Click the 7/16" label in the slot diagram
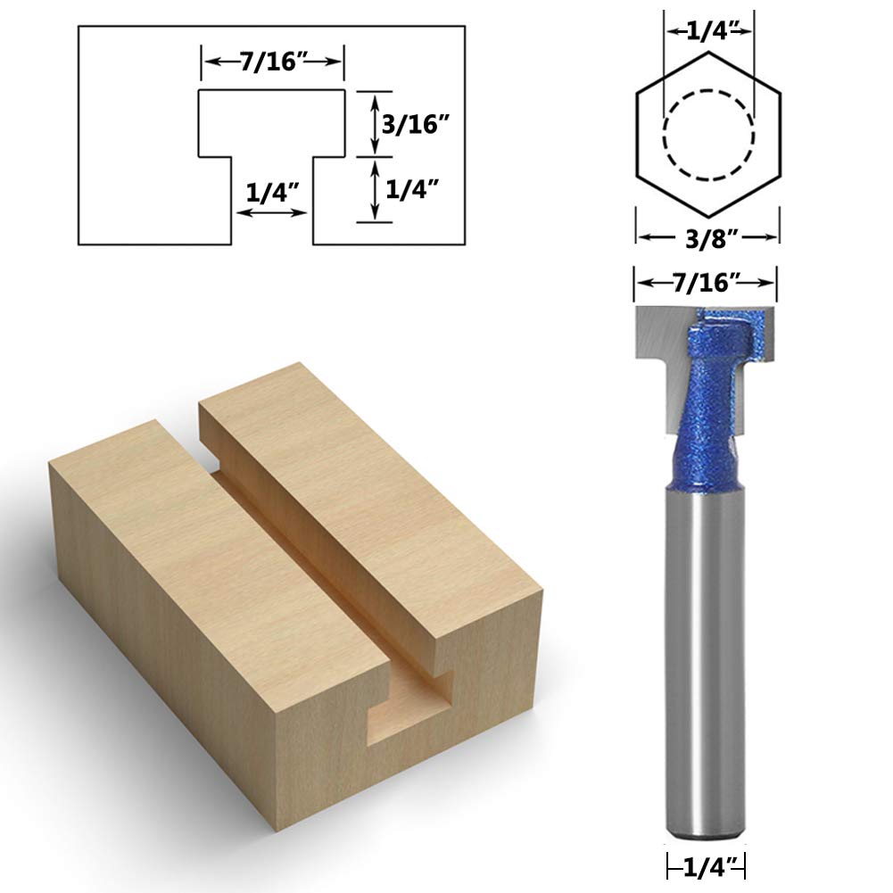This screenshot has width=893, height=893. [x=270, y=62]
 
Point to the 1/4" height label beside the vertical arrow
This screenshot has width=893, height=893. [x=413, y=189]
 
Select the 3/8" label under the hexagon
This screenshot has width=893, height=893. [x=708, y=237]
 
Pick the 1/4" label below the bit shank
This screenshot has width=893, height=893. [x=707, y=864]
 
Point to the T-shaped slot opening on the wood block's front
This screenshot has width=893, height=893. [x=406, y=705]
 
